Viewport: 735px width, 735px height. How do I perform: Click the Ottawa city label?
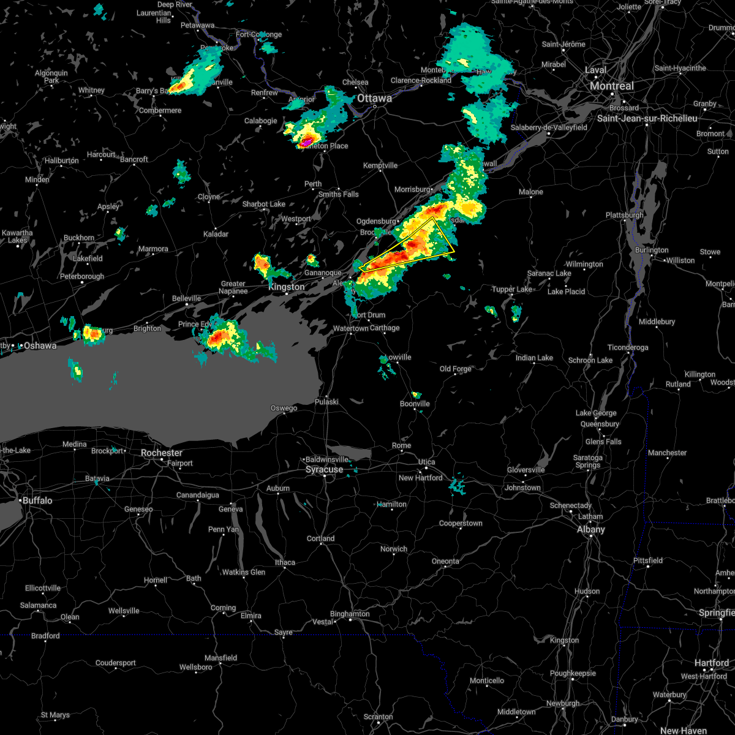point(374,98)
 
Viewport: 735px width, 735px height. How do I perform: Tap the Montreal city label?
point(612,86)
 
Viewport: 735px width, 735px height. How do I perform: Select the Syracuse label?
point(325,470)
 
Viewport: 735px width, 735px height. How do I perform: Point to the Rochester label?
point(162,453)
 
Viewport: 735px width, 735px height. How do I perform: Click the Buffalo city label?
point(37,500)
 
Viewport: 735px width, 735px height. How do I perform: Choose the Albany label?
point(591,529)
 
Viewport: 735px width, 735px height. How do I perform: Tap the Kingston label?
point(287,287)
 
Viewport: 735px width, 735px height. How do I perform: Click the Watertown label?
point(350,328)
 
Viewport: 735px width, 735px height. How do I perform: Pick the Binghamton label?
point(350,614)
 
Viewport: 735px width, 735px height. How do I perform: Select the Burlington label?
point(652,250)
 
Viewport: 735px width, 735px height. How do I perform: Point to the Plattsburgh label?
point(624,215)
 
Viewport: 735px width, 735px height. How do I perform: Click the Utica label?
point(427,462)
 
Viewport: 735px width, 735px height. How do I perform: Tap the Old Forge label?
point(456,369)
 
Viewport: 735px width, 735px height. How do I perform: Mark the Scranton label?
point(378,717)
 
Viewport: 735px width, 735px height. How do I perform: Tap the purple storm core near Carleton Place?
point(304,142)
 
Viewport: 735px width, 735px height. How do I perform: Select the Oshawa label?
point(40,345)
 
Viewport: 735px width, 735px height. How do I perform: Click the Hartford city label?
point(711,663)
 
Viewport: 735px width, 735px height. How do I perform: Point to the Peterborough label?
point(82,276)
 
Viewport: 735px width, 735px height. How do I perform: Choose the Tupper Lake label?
point(512,289)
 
